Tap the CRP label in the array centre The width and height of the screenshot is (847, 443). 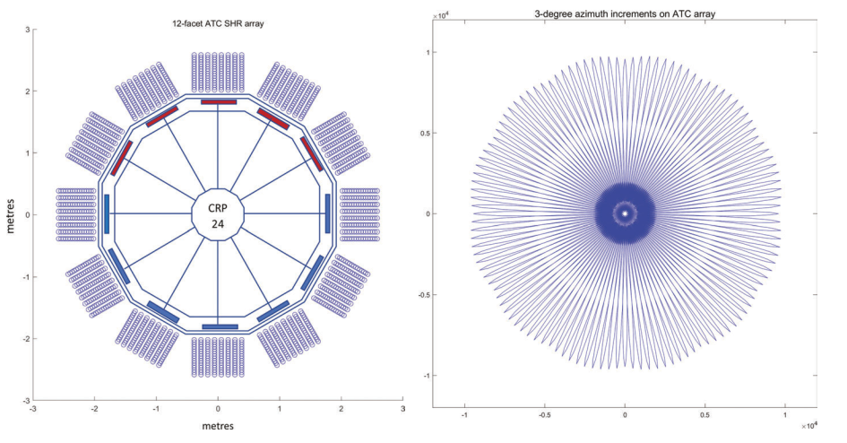tap(219, 207)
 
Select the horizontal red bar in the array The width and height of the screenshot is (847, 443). tap(219, 102)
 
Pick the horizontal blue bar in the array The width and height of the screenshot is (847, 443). tap(220, 326)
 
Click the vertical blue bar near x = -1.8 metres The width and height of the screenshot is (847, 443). tap(107, 214)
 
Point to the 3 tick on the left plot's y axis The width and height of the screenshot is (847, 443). tap(27, 30)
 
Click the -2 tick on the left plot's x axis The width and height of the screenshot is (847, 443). tap(95, 409)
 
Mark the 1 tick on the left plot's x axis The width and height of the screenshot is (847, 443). tap(280, 409)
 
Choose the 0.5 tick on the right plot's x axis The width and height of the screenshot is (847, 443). tap(705, 416)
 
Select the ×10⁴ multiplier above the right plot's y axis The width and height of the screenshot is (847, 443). tap(441, 15)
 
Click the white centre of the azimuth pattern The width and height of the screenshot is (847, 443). tap(625, 213)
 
